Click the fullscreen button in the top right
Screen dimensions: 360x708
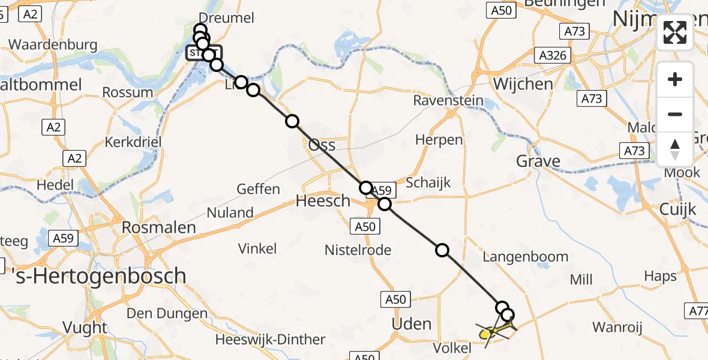(675, 32)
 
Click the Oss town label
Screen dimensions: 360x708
(322, 145)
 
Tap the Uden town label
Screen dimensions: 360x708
(411, 324)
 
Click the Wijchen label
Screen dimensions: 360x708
(523, 84)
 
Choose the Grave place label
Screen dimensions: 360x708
(538, 161)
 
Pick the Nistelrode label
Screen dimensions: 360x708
(358, 250)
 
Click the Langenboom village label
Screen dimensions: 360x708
(525, 257)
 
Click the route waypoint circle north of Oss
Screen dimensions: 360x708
(292, 121)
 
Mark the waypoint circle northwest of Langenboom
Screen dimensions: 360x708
(442, 250)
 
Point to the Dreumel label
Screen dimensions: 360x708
(226, 18)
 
